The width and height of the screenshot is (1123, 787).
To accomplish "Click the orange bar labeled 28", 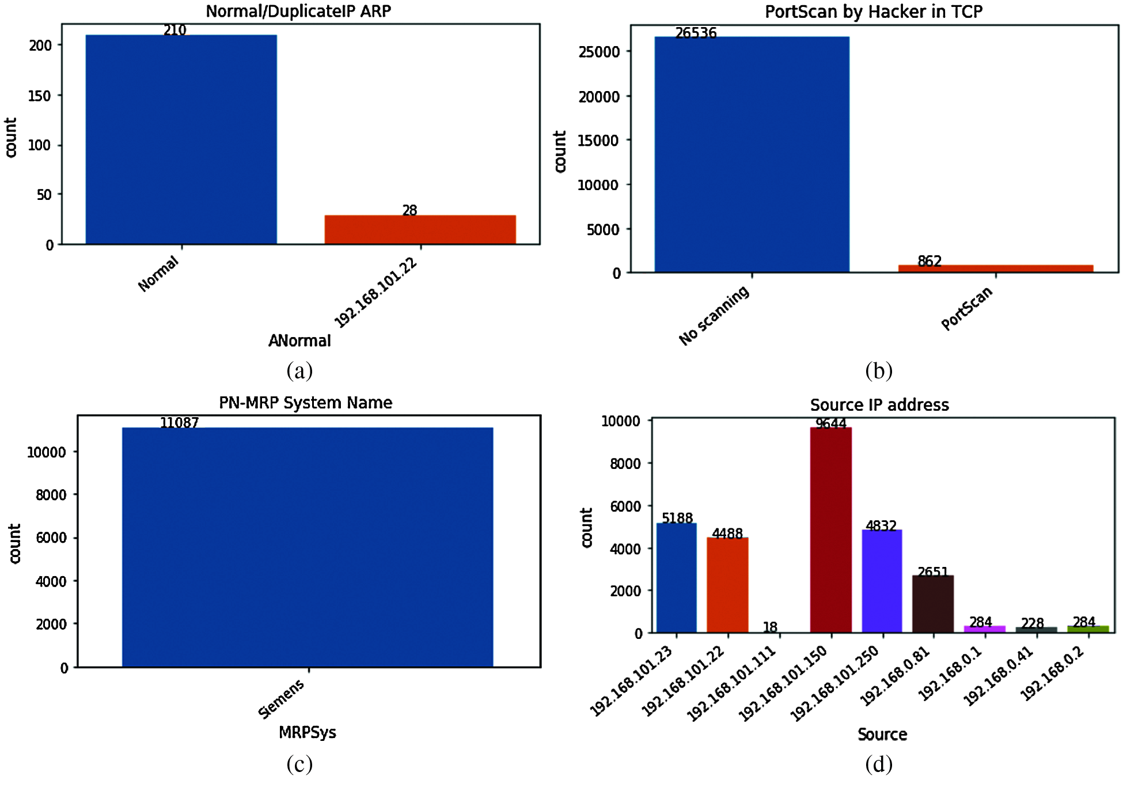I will coord(420,229).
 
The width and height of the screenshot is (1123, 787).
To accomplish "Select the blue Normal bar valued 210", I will coord(181,139).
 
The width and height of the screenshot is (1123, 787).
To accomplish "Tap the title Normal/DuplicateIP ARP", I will coord(298,11).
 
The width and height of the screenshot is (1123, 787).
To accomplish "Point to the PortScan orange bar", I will coord(995,268).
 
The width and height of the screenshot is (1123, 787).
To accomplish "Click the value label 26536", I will coord(696,33).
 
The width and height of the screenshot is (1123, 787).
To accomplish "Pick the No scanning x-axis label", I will coord(714,315).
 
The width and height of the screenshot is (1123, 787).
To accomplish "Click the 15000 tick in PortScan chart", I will coord(598,141).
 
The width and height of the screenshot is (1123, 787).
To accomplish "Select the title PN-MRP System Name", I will coord(305,403).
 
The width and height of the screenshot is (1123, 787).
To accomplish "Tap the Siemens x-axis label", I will coord(281,698).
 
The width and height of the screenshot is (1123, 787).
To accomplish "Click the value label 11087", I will coord(179,423).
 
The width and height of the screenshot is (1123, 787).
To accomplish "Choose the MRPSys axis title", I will coord(307,732).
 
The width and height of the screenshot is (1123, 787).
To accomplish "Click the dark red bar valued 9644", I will coord(830,530).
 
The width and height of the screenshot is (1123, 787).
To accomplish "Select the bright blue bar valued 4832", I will coord(882,581).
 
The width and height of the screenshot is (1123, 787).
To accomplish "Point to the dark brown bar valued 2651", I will coord(933,604).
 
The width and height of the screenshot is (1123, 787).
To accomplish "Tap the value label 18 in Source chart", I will coord(770,627).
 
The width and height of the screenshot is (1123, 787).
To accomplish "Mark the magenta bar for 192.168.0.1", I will coord(984,629).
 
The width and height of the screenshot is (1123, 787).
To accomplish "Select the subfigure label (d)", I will coord(878,765).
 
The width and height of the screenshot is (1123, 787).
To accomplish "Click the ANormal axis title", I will coord(299,341).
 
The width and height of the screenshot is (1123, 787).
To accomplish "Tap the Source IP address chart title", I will coord(879,405).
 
